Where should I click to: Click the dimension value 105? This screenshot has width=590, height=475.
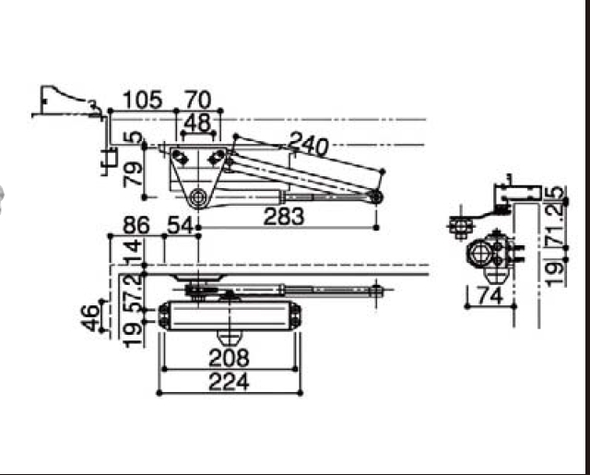[x=142, y=100]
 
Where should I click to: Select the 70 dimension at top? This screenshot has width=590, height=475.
[x=198, y=100]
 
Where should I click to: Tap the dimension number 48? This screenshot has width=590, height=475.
[x=198, y=123]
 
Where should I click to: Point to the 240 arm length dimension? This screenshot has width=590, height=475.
[x=309, y=145]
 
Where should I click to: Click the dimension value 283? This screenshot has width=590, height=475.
[x=284, y=217]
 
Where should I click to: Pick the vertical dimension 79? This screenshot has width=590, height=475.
[x=134, y=174]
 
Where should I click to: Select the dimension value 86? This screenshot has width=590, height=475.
[x=136, y=225]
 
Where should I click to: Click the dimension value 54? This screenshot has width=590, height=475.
[x=181, y=225]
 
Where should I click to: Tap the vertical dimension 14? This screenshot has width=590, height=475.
[x=134, y=251]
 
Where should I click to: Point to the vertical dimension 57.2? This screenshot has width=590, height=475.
[x=134, y=292]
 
